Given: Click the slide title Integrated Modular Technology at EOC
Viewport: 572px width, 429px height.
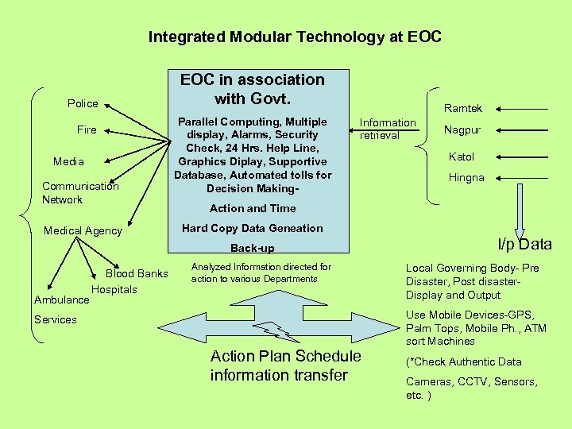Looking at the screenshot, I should coord(295,37).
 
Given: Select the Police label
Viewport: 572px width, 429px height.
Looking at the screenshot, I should coord(83,103).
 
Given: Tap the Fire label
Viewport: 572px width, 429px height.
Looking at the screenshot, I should coord(87,129).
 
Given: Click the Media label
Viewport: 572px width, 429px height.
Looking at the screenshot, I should coord(68,161).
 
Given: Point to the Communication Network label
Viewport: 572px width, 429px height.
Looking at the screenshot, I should coord(79,193).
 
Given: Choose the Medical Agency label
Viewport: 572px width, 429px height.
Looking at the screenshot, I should coord(83,231).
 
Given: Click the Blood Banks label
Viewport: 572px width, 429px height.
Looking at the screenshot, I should coord(137,273).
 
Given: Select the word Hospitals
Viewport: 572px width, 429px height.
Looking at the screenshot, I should coord(114,289).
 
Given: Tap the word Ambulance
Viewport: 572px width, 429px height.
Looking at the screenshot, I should coord(61,300).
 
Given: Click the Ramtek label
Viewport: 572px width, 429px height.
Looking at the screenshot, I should coord(462,108).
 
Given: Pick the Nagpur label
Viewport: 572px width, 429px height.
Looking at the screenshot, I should coord(462,129).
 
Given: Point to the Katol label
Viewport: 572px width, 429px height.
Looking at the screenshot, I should coord(461,157).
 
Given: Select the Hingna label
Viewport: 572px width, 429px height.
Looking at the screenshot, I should coord(466,178).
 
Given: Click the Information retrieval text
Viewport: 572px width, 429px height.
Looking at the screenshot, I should coord(387,129).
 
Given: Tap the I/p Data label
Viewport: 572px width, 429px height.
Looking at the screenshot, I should coord(524,244).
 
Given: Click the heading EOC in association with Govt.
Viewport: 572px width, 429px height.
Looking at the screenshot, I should coord(253,88).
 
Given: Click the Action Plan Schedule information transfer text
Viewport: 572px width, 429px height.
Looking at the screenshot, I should coord(285,365).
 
